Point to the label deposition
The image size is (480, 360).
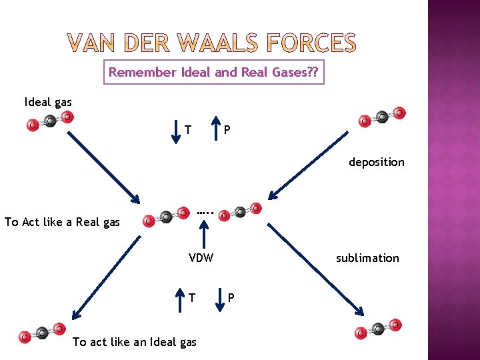pos(376,162)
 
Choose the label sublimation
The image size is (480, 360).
pos(367,258)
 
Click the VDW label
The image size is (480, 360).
pos(201,258)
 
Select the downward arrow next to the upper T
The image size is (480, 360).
pos(175,129)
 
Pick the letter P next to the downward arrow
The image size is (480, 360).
pos(231,297)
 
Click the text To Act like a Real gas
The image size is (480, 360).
pos(62,222)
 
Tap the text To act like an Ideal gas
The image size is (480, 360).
pos(134,342)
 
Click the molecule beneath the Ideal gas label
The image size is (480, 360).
pos(49,121)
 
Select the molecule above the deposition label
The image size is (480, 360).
pos(381,117)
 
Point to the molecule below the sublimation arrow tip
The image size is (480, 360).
pos(378,328)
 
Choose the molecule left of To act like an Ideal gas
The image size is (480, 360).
pos(41,333)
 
